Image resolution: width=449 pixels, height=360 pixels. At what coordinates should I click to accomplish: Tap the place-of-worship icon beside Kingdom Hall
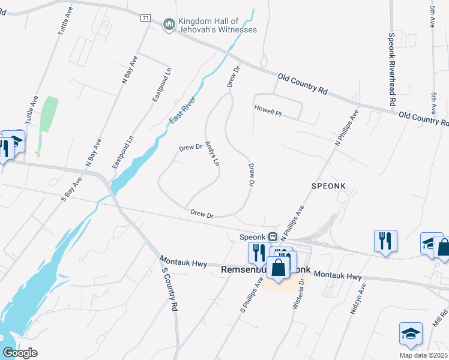point(169,25)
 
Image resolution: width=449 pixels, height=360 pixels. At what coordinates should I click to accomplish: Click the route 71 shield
point(145,18)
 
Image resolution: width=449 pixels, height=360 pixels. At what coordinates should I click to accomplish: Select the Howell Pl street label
point(268,111)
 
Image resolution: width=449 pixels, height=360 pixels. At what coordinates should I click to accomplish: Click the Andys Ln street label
point(212,154)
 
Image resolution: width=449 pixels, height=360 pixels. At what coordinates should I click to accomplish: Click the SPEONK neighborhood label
point(329,187)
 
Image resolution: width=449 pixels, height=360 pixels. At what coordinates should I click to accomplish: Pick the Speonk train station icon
point(273,236)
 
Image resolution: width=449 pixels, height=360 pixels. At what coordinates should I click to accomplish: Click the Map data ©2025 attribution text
point(423,355)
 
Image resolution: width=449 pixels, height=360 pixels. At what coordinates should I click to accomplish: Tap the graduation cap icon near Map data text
point(410,334)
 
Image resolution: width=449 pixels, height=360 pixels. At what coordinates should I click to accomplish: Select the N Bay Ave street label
point(130,70)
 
